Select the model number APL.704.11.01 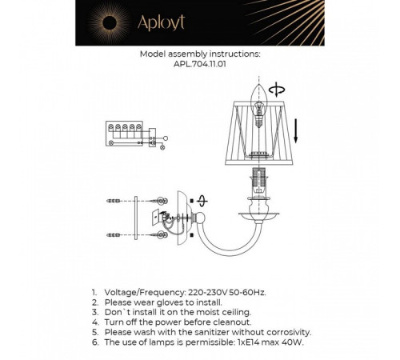pos(199,67)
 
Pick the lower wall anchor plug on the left pos(114,233)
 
